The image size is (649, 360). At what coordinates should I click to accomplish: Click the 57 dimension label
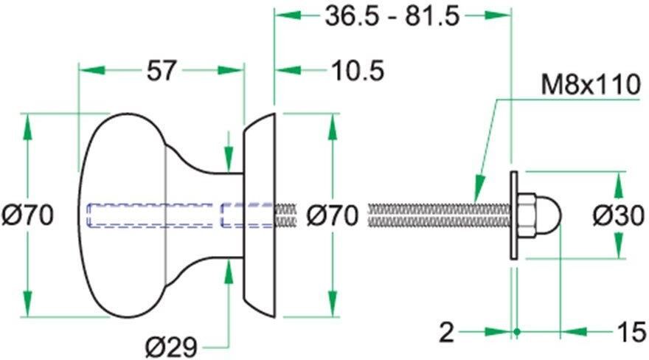(162, 70)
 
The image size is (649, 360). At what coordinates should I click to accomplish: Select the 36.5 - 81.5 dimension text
(392, 16)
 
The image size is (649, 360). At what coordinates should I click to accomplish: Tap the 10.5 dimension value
(358, 70)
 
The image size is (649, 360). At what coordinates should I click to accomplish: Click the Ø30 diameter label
(618, 215)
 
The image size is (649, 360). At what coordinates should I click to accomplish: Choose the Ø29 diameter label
(171, 347)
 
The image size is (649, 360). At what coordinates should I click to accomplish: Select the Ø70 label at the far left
(27, 215)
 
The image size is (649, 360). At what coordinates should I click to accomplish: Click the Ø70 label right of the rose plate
(332, 215)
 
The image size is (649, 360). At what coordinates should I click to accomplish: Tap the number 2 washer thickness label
(447, 332)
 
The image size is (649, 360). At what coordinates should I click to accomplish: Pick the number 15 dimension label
(632, 332)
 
